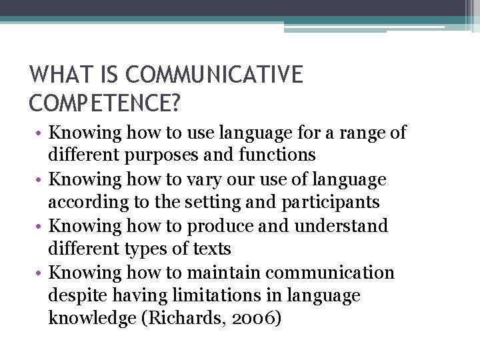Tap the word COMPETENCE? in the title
105,103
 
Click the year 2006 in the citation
255,319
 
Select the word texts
211,249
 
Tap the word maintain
224,273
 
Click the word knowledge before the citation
91,319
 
